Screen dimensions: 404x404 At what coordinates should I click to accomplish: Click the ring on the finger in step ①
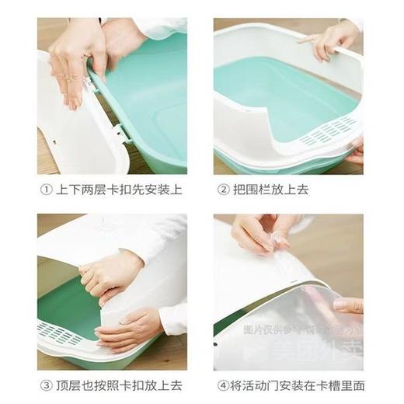pyautogui.click(x=71, y=78)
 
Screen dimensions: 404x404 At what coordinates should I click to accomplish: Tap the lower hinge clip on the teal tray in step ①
pyautogui.click(x=122, y=134)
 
